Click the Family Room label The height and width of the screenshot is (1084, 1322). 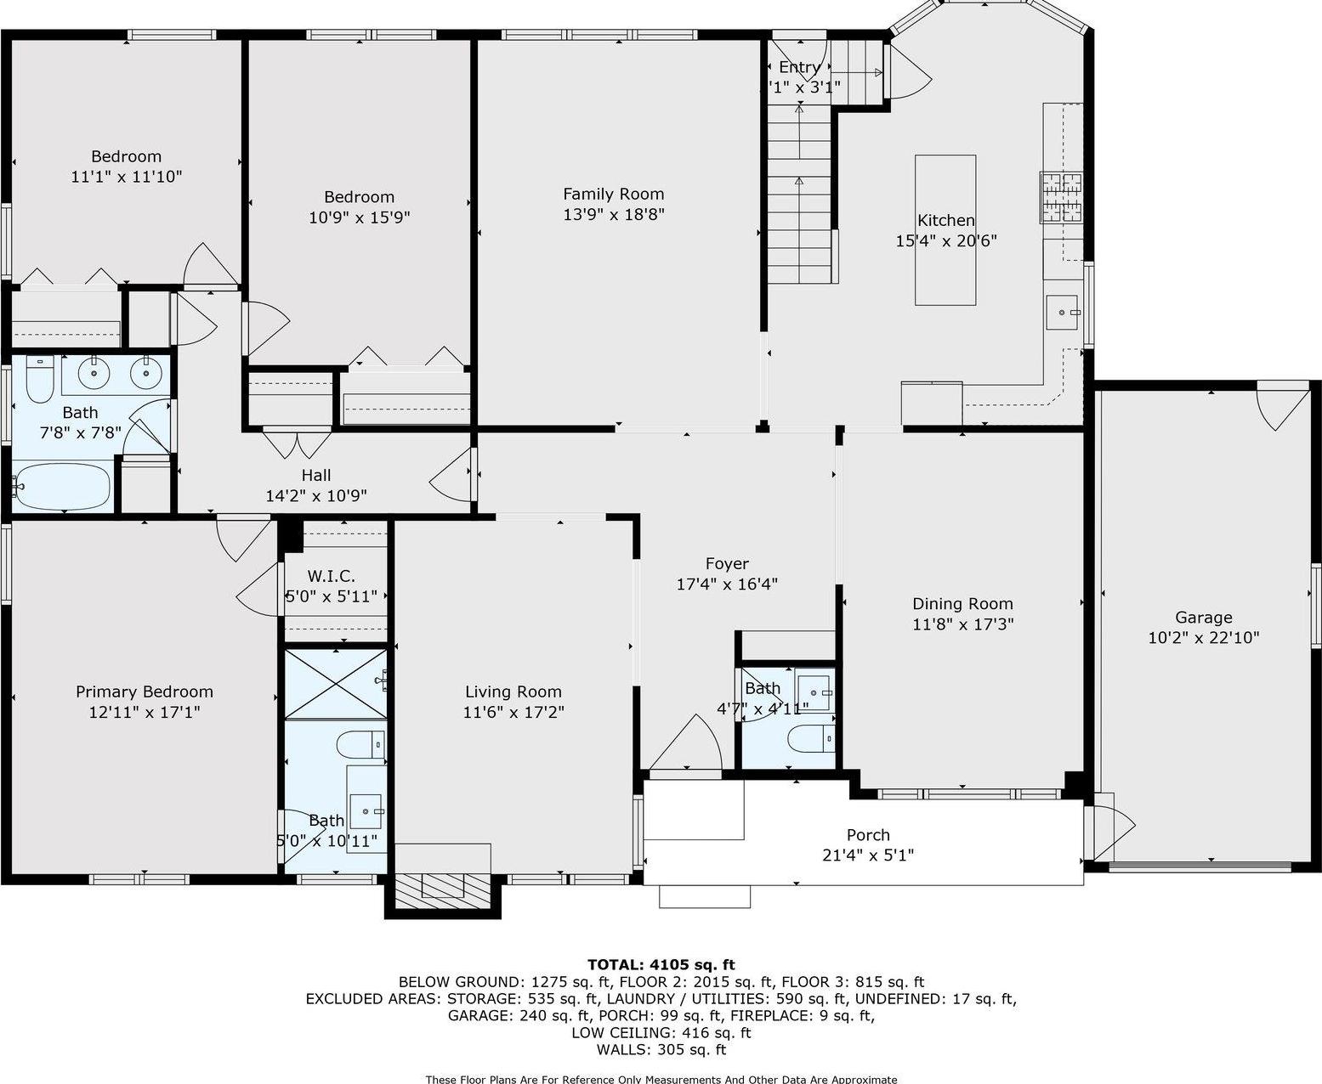point(613,194)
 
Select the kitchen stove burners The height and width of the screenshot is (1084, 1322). point(1061,197)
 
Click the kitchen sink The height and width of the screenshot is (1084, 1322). point(1063,312)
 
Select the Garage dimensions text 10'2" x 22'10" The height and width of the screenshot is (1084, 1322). point(1203,638)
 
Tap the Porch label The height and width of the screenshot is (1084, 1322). point(868,835)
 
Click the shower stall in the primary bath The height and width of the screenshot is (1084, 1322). point(335,683)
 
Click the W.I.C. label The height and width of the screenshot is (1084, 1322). point(331,577)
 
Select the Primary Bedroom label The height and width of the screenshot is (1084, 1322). point(145,692)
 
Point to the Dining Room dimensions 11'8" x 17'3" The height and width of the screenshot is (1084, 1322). point(962,624)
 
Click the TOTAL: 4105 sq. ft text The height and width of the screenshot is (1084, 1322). point(661,964)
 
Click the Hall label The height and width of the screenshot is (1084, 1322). point(315,475)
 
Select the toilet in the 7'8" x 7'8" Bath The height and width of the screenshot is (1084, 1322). point(39,381)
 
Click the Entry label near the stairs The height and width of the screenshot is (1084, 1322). point(799,67)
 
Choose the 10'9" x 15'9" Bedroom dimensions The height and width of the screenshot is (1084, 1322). point(359,217)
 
